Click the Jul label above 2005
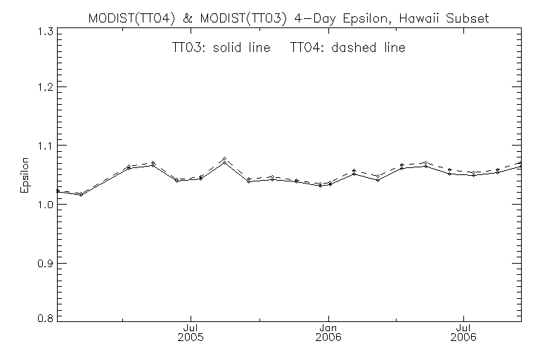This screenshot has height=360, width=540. click(189, 327)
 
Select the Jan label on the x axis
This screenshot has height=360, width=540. click(327, 327)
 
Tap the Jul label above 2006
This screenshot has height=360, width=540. click(463, 327)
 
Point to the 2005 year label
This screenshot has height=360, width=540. click(189, 337)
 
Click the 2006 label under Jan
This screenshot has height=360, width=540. click(327, 337)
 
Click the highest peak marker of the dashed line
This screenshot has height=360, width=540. click(224, 159)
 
